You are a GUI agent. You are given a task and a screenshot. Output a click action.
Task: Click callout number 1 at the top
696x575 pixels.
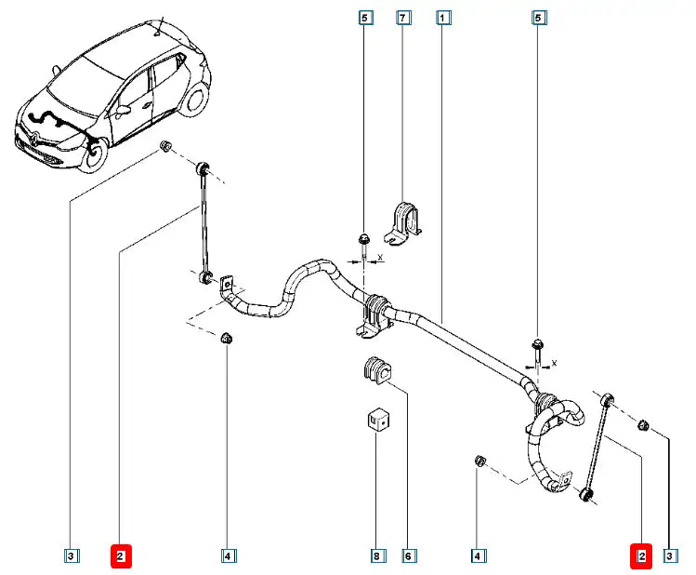(x=444, y=18)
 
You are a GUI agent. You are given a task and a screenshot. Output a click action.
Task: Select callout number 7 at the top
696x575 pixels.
(x=402, y=18)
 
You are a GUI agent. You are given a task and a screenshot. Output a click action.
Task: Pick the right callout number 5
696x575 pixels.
(x=537, y=18)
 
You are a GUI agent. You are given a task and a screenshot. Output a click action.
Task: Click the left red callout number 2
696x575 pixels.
(x=122, y=556)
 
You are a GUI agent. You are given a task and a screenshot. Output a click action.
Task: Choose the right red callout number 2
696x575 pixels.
(x=641, y=556)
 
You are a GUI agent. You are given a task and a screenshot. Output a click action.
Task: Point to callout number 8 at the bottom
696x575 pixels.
(x=376, y=556)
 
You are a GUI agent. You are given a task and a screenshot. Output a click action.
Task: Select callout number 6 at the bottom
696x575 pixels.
(x=407, y=556)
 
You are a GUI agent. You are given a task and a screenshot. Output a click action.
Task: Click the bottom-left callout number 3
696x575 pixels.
(x=72, y=556)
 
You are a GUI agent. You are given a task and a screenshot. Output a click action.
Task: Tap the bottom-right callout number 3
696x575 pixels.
(x=669, y=556)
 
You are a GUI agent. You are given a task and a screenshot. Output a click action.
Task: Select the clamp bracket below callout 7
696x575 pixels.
(x=402, y=224)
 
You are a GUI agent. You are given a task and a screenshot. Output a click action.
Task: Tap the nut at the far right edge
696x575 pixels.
(x=642, y=426)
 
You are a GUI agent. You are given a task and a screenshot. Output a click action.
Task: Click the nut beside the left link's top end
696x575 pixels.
(x=164, y=147)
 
